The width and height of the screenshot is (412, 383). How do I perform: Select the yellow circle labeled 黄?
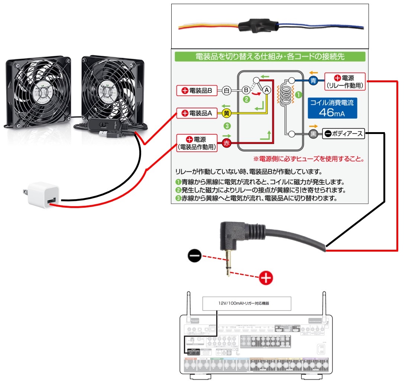tap(226, 113)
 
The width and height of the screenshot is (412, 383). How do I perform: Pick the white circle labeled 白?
tap(226, 90)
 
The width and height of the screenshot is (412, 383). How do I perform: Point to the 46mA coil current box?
tap(332, 108)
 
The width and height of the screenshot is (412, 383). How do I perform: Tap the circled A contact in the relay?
tap(266, 90)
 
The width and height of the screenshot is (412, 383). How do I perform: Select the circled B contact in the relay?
tap(246, 90)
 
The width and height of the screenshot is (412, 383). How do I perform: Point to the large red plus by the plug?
tap(266, 277)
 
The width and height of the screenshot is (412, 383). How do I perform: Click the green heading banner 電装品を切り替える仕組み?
tap(270, 57)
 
